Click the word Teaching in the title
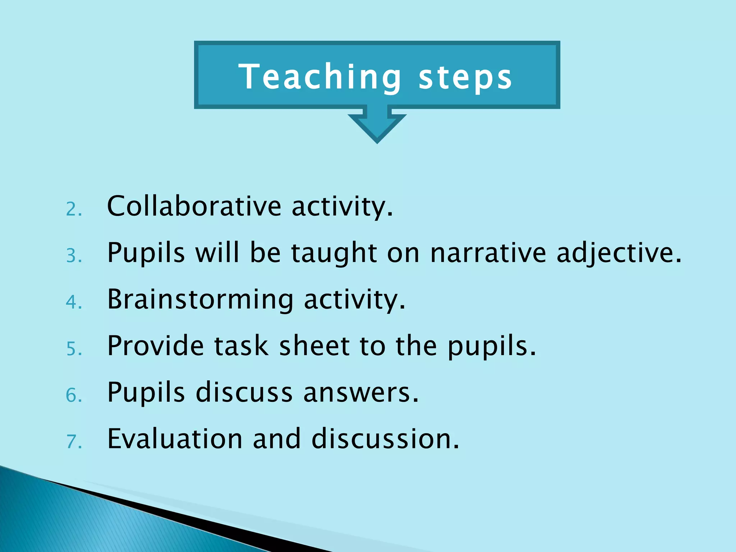(319, 77)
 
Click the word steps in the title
(465, 77)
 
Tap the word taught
(334, 253)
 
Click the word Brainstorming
(200, 299)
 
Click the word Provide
(156, 346)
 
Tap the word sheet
(314, 346)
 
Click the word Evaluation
(175, 439)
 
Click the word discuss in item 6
(244, 392)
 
